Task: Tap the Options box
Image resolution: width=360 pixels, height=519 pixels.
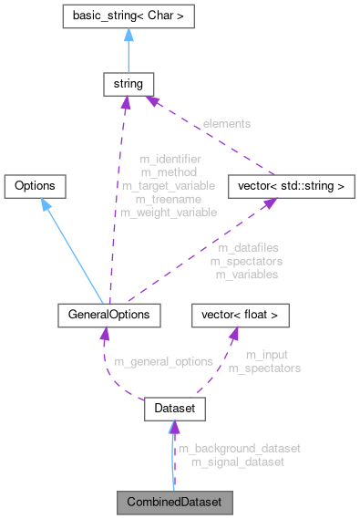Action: point(36,186)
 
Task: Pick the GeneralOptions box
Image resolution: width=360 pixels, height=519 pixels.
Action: point(109,316)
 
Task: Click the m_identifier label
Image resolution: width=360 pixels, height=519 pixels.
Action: point(170,159)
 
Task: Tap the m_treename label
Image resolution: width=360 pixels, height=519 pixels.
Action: point(170,199)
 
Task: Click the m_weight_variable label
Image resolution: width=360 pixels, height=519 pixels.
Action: point(170,213)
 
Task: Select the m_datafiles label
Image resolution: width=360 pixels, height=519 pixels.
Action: point(248,247)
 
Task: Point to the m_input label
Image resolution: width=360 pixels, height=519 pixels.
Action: point(263,355)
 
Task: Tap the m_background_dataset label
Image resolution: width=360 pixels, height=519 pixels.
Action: point(239,449)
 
